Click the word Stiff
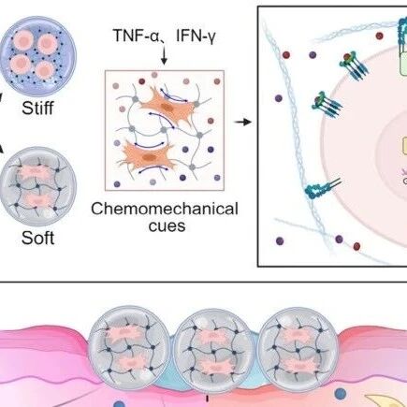pos(37,108)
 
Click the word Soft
pos(37,238)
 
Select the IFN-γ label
pos(196,36)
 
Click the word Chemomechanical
pos(165,209)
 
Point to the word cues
pos(167,225)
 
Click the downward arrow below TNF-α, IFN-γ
pos(164,56)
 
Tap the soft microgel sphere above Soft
pos(37,186)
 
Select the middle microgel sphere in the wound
pos(214,348)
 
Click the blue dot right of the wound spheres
pos(341,394)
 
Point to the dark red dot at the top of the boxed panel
pos(379,36)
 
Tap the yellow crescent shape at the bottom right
pos(386,400)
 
